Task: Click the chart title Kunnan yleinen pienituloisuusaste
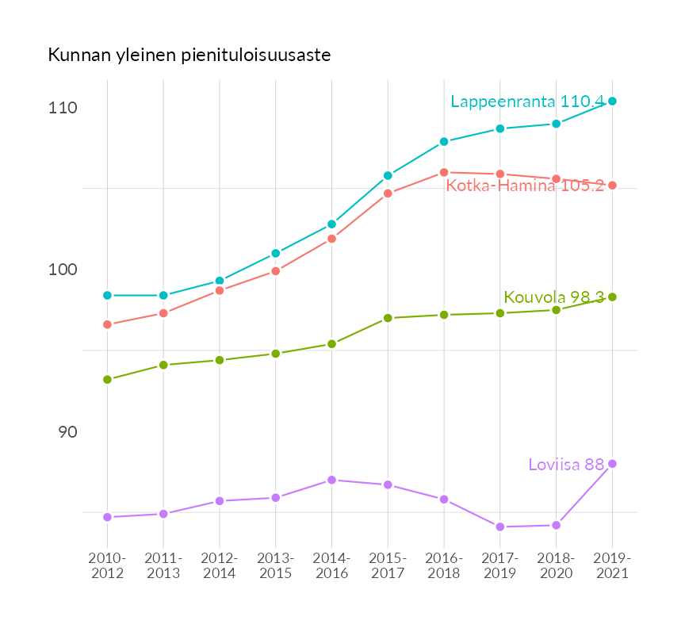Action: coord(189,56)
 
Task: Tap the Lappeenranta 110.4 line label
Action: coord(527,101)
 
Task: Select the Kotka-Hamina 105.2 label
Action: coord(525,186)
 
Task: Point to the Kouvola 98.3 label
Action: coord(554,297)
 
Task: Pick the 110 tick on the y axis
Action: coord(63,108)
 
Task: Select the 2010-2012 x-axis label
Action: coord(108,566)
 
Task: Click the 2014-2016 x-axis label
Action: coord(332,566)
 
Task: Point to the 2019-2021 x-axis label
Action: coord(612,566)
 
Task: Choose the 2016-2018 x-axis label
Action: coord(444,566)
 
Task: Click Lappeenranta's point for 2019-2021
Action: coord(612,101)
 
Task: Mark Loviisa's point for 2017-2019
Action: coord(500,527)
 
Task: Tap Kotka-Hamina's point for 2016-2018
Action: coord(444,172)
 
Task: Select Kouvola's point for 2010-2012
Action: coord(108,380)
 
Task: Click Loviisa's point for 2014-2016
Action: coord(332,480)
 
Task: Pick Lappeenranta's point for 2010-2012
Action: coord(108,295)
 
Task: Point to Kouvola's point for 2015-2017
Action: coord(388,318)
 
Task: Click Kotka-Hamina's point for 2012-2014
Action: coord(220,290)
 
